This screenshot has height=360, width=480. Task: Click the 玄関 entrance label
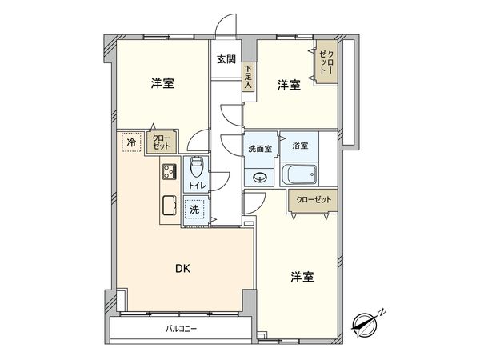[x=226, y=58]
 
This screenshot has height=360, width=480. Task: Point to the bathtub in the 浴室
[x=301, y=175]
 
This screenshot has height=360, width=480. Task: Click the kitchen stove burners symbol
[x=169, y=171]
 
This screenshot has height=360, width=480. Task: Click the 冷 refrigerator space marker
[x=130, y=142]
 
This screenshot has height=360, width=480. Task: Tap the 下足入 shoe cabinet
[x=248, y=75]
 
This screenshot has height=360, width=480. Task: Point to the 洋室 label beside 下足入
[x=288, y=85]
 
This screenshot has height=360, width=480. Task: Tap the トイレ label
[x=196, y=186]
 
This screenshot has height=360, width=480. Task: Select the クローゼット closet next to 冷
[x=160, y=142]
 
